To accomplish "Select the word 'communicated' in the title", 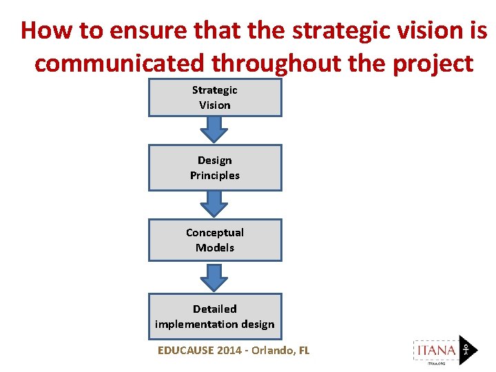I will (119, 63).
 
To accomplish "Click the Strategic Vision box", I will (215, 97).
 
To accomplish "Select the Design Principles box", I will (215, 167).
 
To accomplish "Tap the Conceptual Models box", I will (215, 240).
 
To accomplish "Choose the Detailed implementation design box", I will (215, 316).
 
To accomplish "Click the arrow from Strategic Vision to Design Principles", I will (215, 130).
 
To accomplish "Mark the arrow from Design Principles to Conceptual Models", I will (215, 204).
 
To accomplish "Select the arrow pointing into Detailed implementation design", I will (215, 277).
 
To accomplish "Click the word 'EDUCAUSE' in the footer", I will (185, 351).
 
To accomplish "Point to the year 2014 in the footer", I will (229, 351).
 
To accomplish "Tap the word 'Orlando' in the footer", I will (273, 351).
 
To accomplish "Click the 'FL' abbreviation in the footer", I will (304, 351).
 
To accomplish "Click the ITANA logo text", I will (435, 350).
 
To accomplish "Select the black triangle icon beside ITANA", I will (467, 349).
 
